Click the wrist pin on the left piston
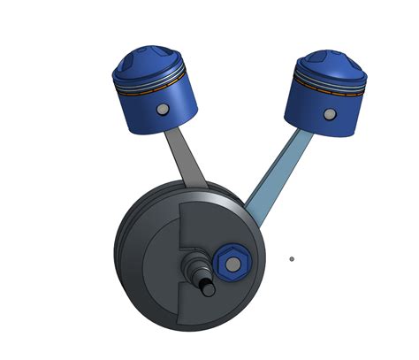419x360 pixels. (x=162, y=110)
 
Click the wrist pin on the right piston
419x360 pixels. (x=329, y=115)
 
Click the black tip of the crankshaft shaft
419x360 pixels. (x=209, y=287)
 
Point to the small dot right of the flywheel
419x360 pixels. (x=292, y=259)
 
